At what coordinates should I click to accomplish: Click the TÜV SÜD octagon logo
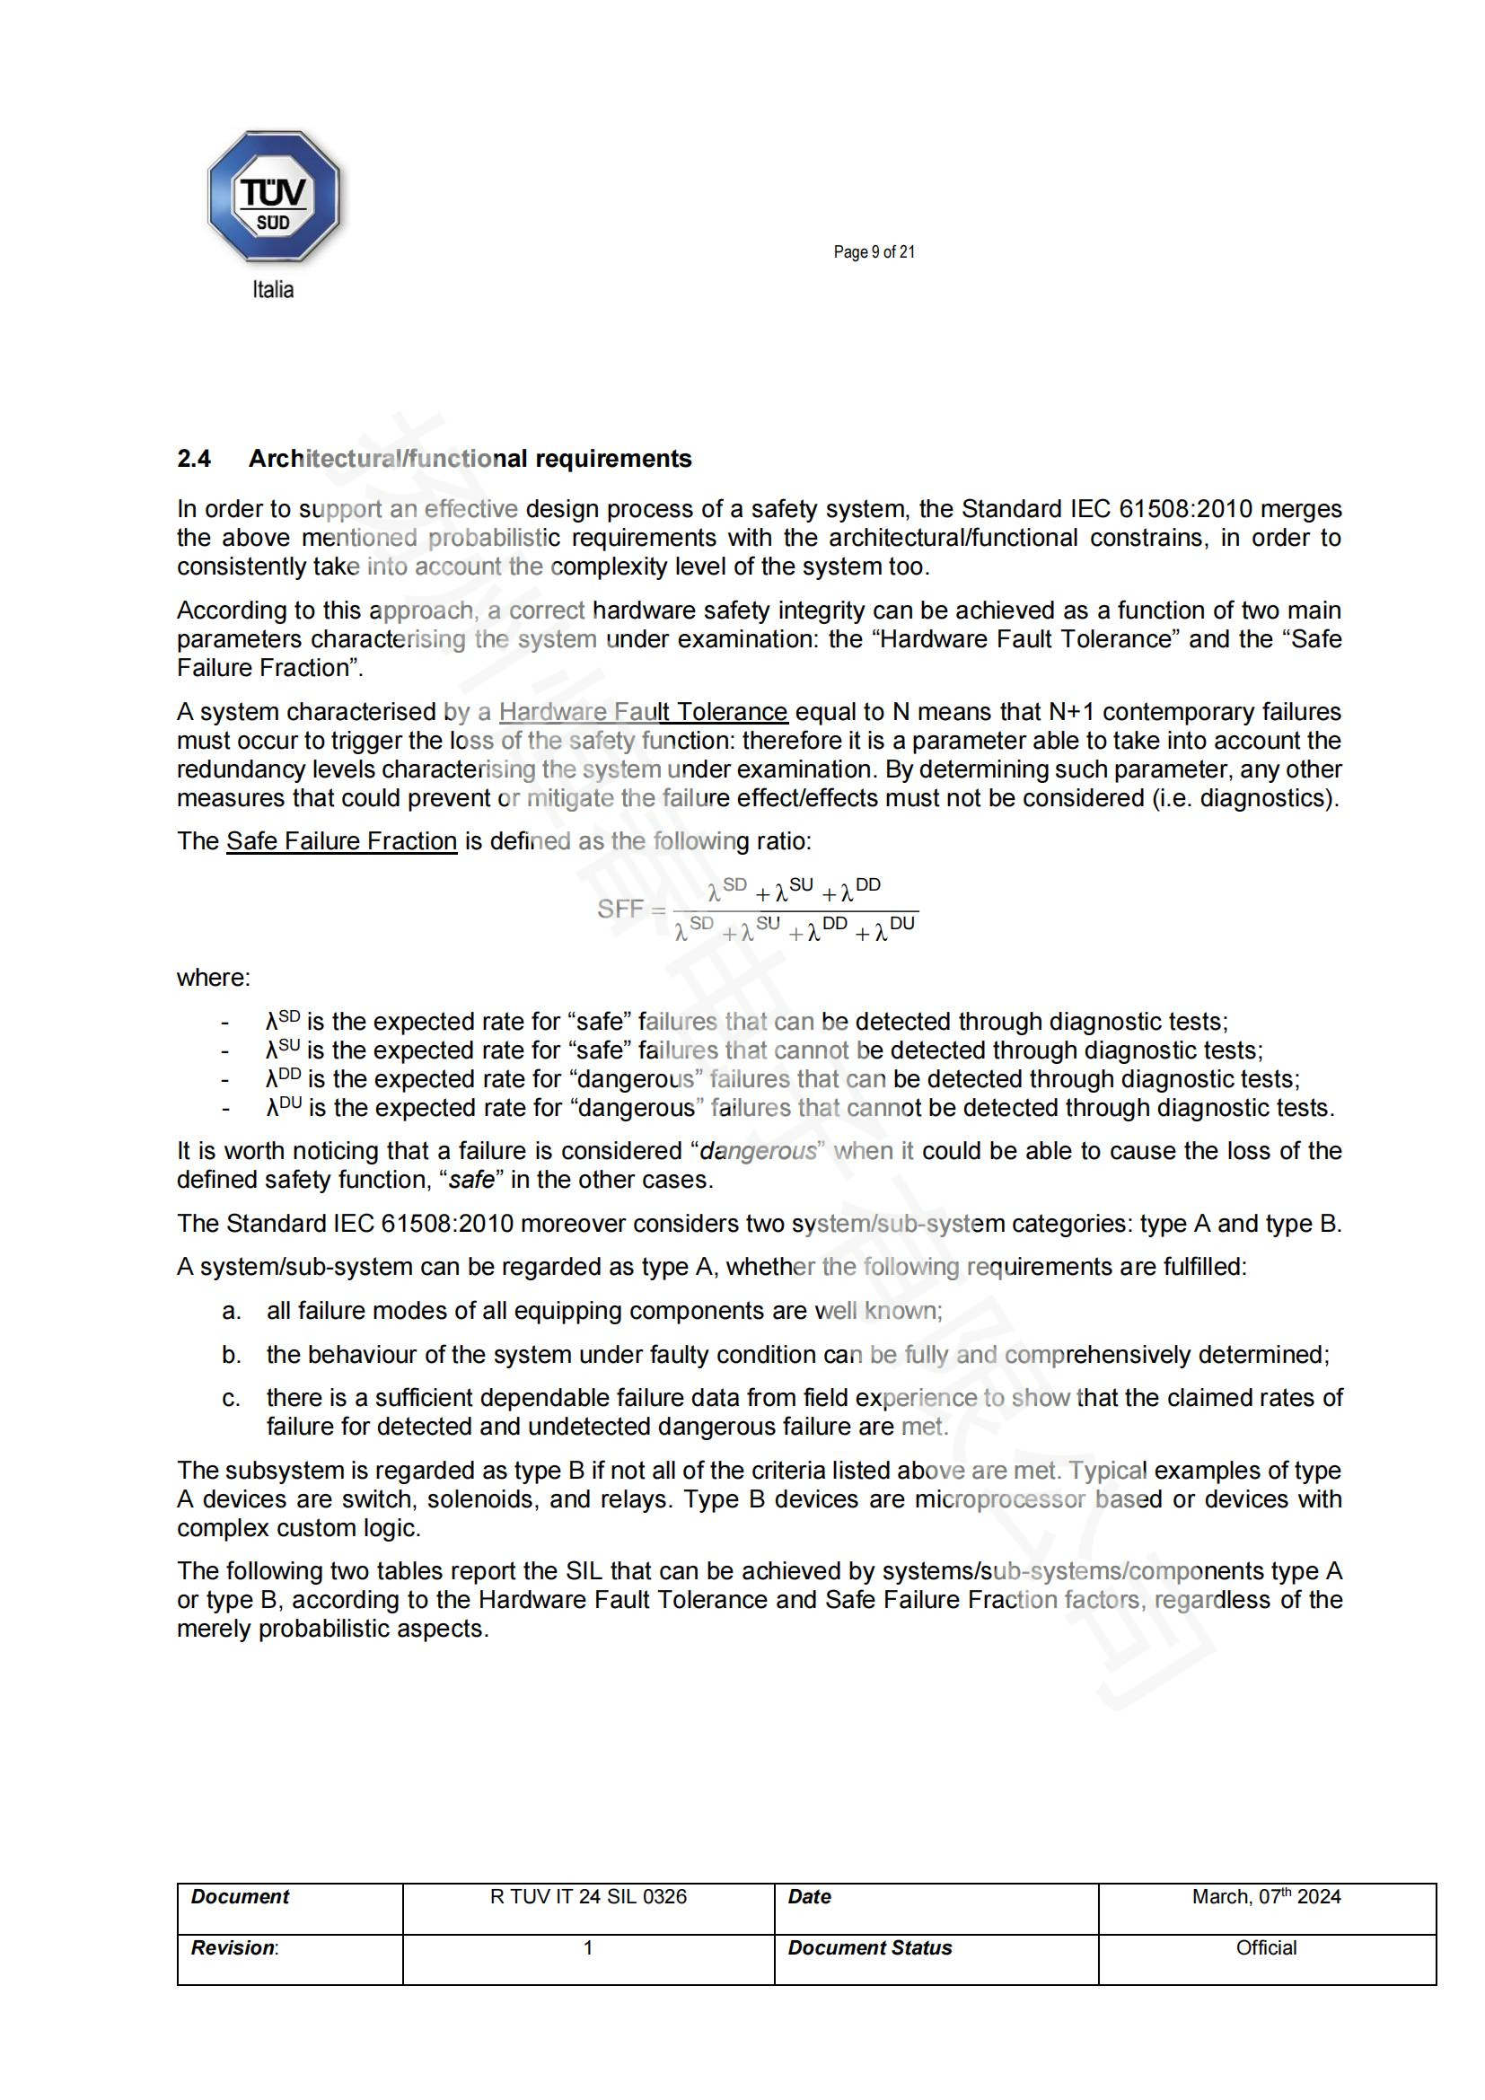click(x=274, y=198)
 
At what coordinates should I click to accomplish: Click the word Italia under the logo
click(x=273, y=290)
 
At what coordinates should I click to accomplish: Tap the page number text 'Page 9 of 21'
click(x=874, y=252)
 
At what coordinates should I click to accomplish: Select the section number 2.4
click(x=194, y=458)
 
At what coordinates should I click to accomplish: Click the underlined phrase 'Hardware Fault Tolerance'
click(x=643, y=712)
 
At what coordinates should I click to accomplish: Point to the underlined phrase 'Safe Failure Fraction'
click(x=341, y=840)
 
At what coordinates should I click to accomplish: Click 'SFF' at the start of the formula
click(x=620, y=909)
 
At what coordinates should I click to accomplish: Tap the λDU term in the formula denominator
click(x=894, y=929)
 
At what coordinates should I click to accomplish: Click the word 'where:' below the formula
click(x=213, y=977)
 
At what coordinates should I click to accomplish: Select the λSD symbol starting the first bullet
click(x=283, y=1021)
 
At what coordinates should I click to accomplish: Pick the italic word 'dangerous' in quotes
click(x=757, y=1151)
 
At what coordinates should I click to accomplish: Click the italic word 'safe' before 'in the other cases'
click(x=472, y=1180)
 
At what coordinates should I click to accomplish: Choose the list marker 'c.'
click(x=232, y=1398)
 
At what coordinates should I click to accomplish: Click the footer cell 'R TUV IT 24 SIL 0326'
click(x=588, y=1896)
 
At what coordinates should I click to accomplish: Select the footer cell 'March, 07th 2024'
click(x=1266, y=1896)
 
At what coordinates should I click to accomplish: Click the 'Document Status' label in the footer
click(x=870, y=1947)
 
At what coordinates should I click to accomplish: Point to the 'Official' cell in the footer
click(x=1266, y=1947)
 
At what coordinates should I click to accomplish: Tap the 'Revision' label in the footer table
click(x=233, y=1947)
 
